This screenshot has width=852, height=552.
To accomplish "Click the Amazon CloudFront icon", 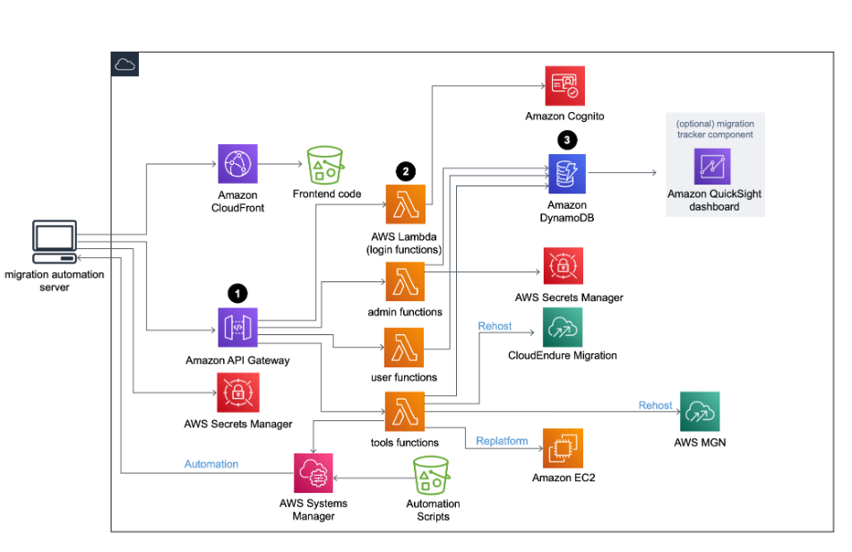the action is coord(237,163).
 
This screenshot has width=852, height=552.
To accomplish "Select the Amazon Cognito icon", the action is coord(565,86).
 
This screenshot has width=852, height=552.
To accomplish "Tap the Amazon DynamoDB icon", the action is coord(567,174).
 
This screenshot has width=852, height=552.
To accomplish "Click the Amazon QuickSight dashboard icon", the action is coord(712,167).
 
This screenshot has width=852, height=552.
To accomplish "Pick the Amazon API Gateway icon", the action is coord(237,328).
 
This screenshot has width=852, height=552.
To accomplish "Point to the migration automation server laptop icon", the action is coord(55,242).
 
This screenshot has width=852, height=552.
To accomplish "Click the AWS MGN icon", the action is coord(700,411).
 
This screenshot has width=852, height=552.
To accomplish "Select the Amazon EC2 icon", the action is coord(563,448).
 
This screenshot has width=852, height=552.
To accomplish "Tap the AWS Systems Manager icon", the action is coord(314,473).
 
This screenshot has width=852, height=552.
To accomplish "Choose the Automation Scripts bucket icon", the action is coord(432,475).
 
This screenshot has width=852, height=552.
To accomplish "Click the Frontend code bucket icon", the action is coord(325,165).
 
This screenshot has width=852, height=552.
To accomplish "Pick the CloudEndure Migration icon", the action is coord(563,327).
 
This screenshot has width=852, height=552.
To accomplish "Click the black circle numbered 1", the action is coord(237,293).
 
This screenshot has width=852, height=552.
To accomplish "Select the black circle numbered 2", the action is coord(405,171).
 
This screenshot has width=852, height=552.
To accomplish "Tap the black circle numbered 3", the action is coord(567,140).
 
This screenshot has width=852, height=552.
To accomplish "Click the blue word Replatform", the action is coord(502,441).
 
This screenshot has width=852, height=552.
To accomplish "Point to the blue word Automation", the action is coord(211,464).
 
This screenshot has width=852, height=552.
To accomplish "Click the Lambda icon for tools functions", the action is coord(405,411).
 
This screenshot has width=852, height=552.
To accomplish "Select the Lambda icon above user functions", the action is coord(404,347).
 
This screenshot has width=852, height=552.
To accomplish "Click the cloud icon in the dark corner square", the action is coord(125,65).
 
